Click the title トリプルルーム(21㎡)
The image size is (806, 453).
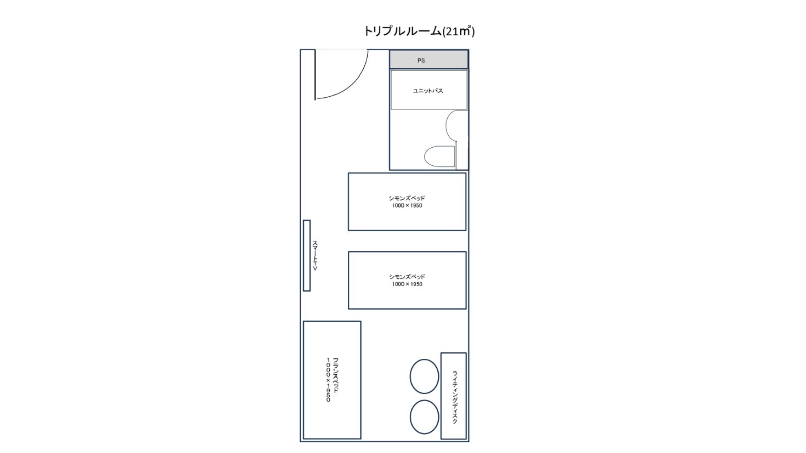419,31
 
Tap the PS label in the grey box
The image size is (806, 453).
421,61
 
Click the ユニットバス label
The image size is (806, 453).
428,91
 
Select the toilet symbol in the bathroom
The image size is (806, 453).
439,157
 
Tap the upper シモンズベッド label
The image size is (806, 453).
407,198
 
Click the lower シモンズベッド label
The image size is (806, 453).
407,277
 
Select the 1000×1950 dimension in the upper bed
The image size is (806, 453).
407,206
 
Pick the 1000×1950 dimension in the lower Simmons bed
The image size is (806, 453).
407,284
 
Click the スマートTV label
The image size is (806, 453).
315,256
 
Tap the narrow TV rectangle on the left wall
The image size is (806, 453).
307,256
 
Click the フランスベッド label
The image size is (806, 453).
335,375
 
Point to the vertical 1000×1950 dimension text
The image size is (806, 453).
328,380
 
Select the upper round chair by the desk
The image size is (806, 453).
424,376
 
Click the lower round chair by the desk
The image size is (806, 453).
424,417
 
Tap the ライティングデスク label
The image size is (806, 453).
455,397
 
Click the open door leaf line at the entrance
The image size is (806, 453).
315,74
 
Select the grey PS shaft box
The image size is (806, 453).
429,59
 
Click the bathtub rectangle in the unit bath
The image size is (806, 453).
429,90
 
